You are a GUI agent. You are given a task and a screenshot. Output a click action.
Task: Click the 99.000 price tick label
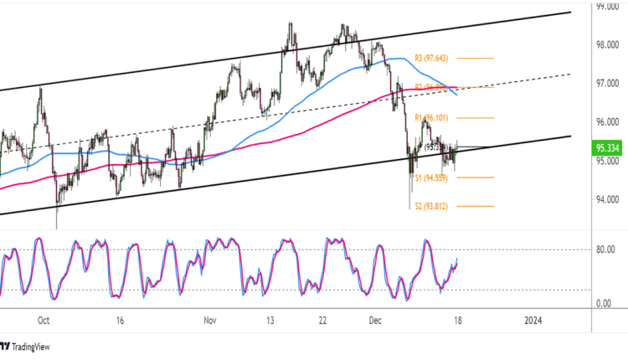(607, 7)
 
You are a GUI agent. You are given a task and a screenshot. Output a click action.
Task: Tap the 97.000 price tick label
(607, 85)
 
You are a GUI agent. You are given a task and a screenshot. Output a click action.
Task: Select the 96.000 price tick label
(607, 122)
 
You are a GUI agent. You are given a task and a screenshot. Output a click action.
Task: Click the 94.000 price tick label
(607, 199)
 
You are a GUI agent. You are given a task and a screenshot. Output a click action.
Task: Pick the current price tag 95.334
(607, 148)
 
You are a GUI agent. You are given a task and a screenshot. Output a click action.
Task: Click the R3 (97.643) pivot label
(433, 59)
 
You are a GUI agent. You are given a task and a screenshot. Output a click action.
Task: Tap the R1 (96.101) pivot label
(433, 119)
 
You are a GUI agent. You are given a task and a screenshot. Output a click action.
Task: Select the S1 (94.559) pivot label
(433, 177)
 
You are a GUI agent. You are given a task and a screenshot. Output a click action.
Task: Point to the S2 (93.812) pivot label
(433, 206)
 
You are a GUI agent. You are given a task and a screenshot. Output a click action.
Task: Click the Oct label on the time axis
(45, 320)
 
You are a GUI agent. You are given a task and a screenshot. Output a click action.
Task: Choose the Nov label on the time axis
(210, 320)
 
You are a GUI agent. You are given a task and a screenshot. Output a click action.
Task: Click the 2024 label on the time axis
(533, 320)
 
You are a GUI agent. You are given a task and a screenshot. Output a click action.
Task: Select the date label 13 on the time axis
(270, 320)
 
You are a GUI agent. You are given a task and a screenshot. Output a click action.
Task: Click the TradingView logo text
(33, 347)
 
